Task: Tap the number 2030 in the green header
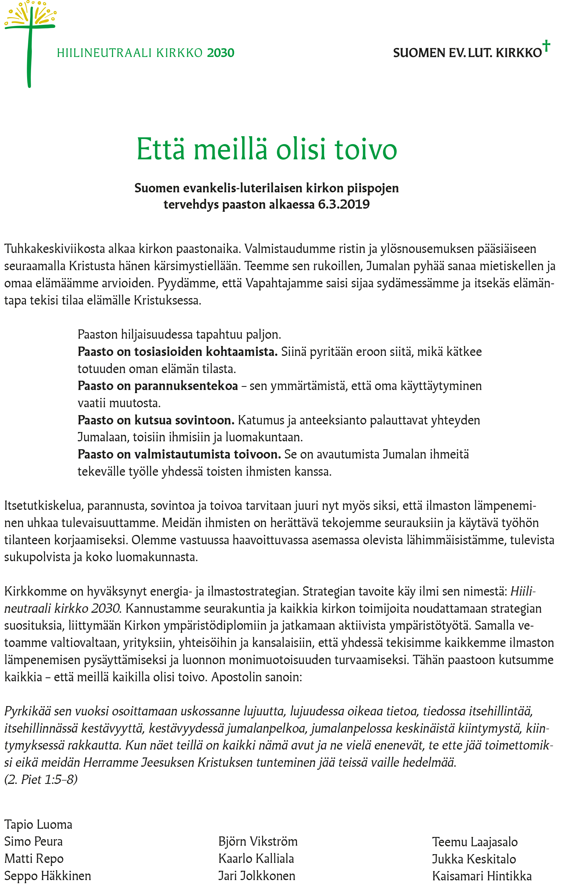tap(221, 53)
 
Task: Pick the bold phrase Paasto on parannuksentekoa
tap(158, 386)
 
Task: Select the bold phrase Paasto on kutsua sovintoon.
tap(156, 420)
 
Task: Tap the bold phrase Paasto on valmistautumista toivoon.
tap(179, 454)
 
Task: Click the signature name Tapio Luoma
tap(38, 825)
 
